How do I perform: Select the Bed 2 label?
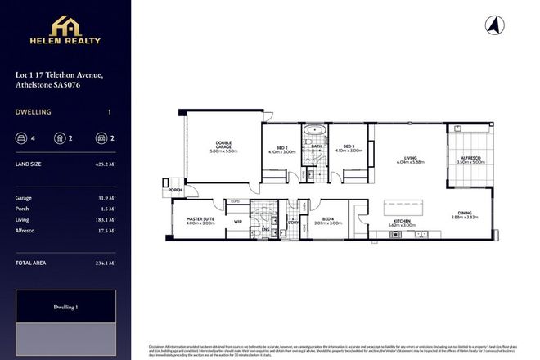(x=281, y=146)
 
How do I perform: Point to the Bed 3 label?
(x=349, y=146)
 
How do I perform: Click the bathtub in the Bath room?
(x=315, y=130)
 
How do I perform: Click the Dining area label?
(x=465, y=214)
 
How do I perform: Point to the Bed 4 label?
(x=328, y=218)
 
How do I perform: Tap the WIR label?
(x=236, y=220)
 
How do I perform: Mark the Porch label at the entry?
(x=174, y=190)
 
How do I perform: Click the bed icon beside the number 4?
(x=21, y=138)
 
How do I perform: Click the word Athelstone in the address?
(x=35, y=84)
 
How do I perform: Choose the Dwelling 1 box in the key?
(x=65, y=307)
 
